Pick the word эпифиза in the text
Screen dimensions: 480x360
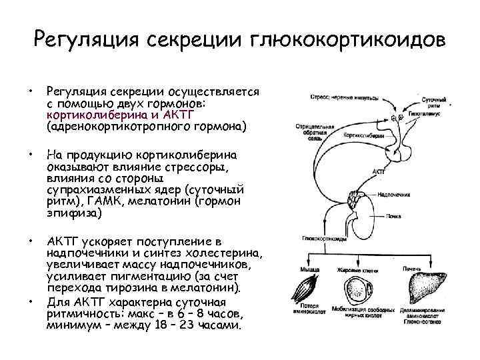[70, 213]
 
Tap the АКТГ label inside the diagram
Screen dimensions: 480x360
[377, 171]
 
